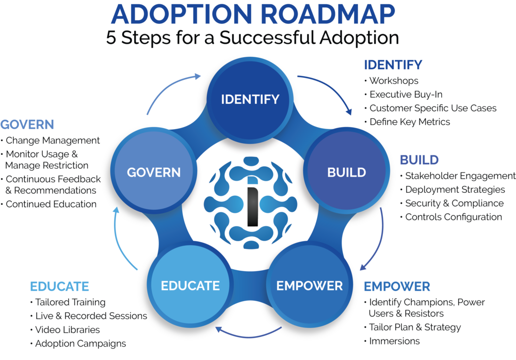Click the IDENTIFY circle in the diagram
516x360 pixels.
pyautogui.click(x=250, y=99)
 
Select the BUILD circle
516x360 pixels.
pyautogui.click(x=346, y=172)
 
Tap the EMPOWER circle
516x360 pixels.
pyautogui.click(x=309, y=285)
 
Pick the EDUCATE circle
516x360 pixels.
pyautogui.click(x=190, y=285)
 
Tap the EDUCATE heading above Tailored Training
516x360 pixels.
pyautogui.click(x=60, y=286)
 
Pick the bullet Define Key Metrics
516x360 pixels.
pyautogui.click(x=410, y=122)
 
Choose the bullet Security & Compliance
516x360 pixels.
pyautogui.click(x=454, y=204)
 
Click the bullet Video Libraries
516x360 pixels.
pyautogui.click(x=67, y=330)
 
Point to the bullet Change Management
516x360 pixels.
pyautogui.click(x=52, y=140)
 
